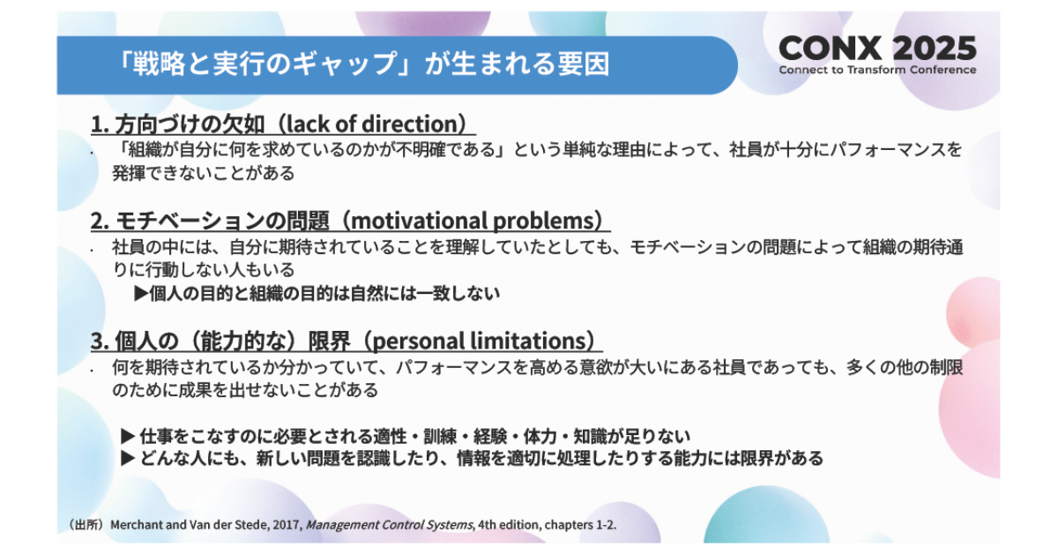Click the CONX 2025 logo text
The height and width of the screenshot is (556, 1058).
pos(877,49)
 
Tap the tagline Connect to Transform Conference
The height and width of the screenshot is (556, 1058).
pos(877,70)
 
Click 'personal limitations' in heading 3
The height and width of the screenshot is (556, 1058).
pos(480,341)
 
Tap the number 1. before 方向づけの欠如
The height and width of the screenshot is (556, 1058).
pos(100,124)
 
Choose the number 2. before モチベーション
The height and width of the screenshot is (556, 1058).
pos(101,222)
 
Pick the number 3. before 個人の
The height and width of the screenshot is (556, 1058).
pos(101,342)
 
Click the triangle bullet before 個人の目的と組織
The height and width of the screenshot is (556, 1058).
pos(141,294)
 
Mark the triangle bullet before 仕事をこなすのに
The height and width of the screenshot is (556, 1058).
pos(128,436)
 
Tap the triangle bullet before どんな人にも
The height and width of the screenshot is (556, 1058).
pos(128,458)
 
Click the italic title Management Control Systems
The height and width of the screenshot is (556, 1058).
pos(389,525)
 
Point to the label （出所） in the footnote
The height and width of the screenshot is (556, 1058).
pos(86,525)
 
